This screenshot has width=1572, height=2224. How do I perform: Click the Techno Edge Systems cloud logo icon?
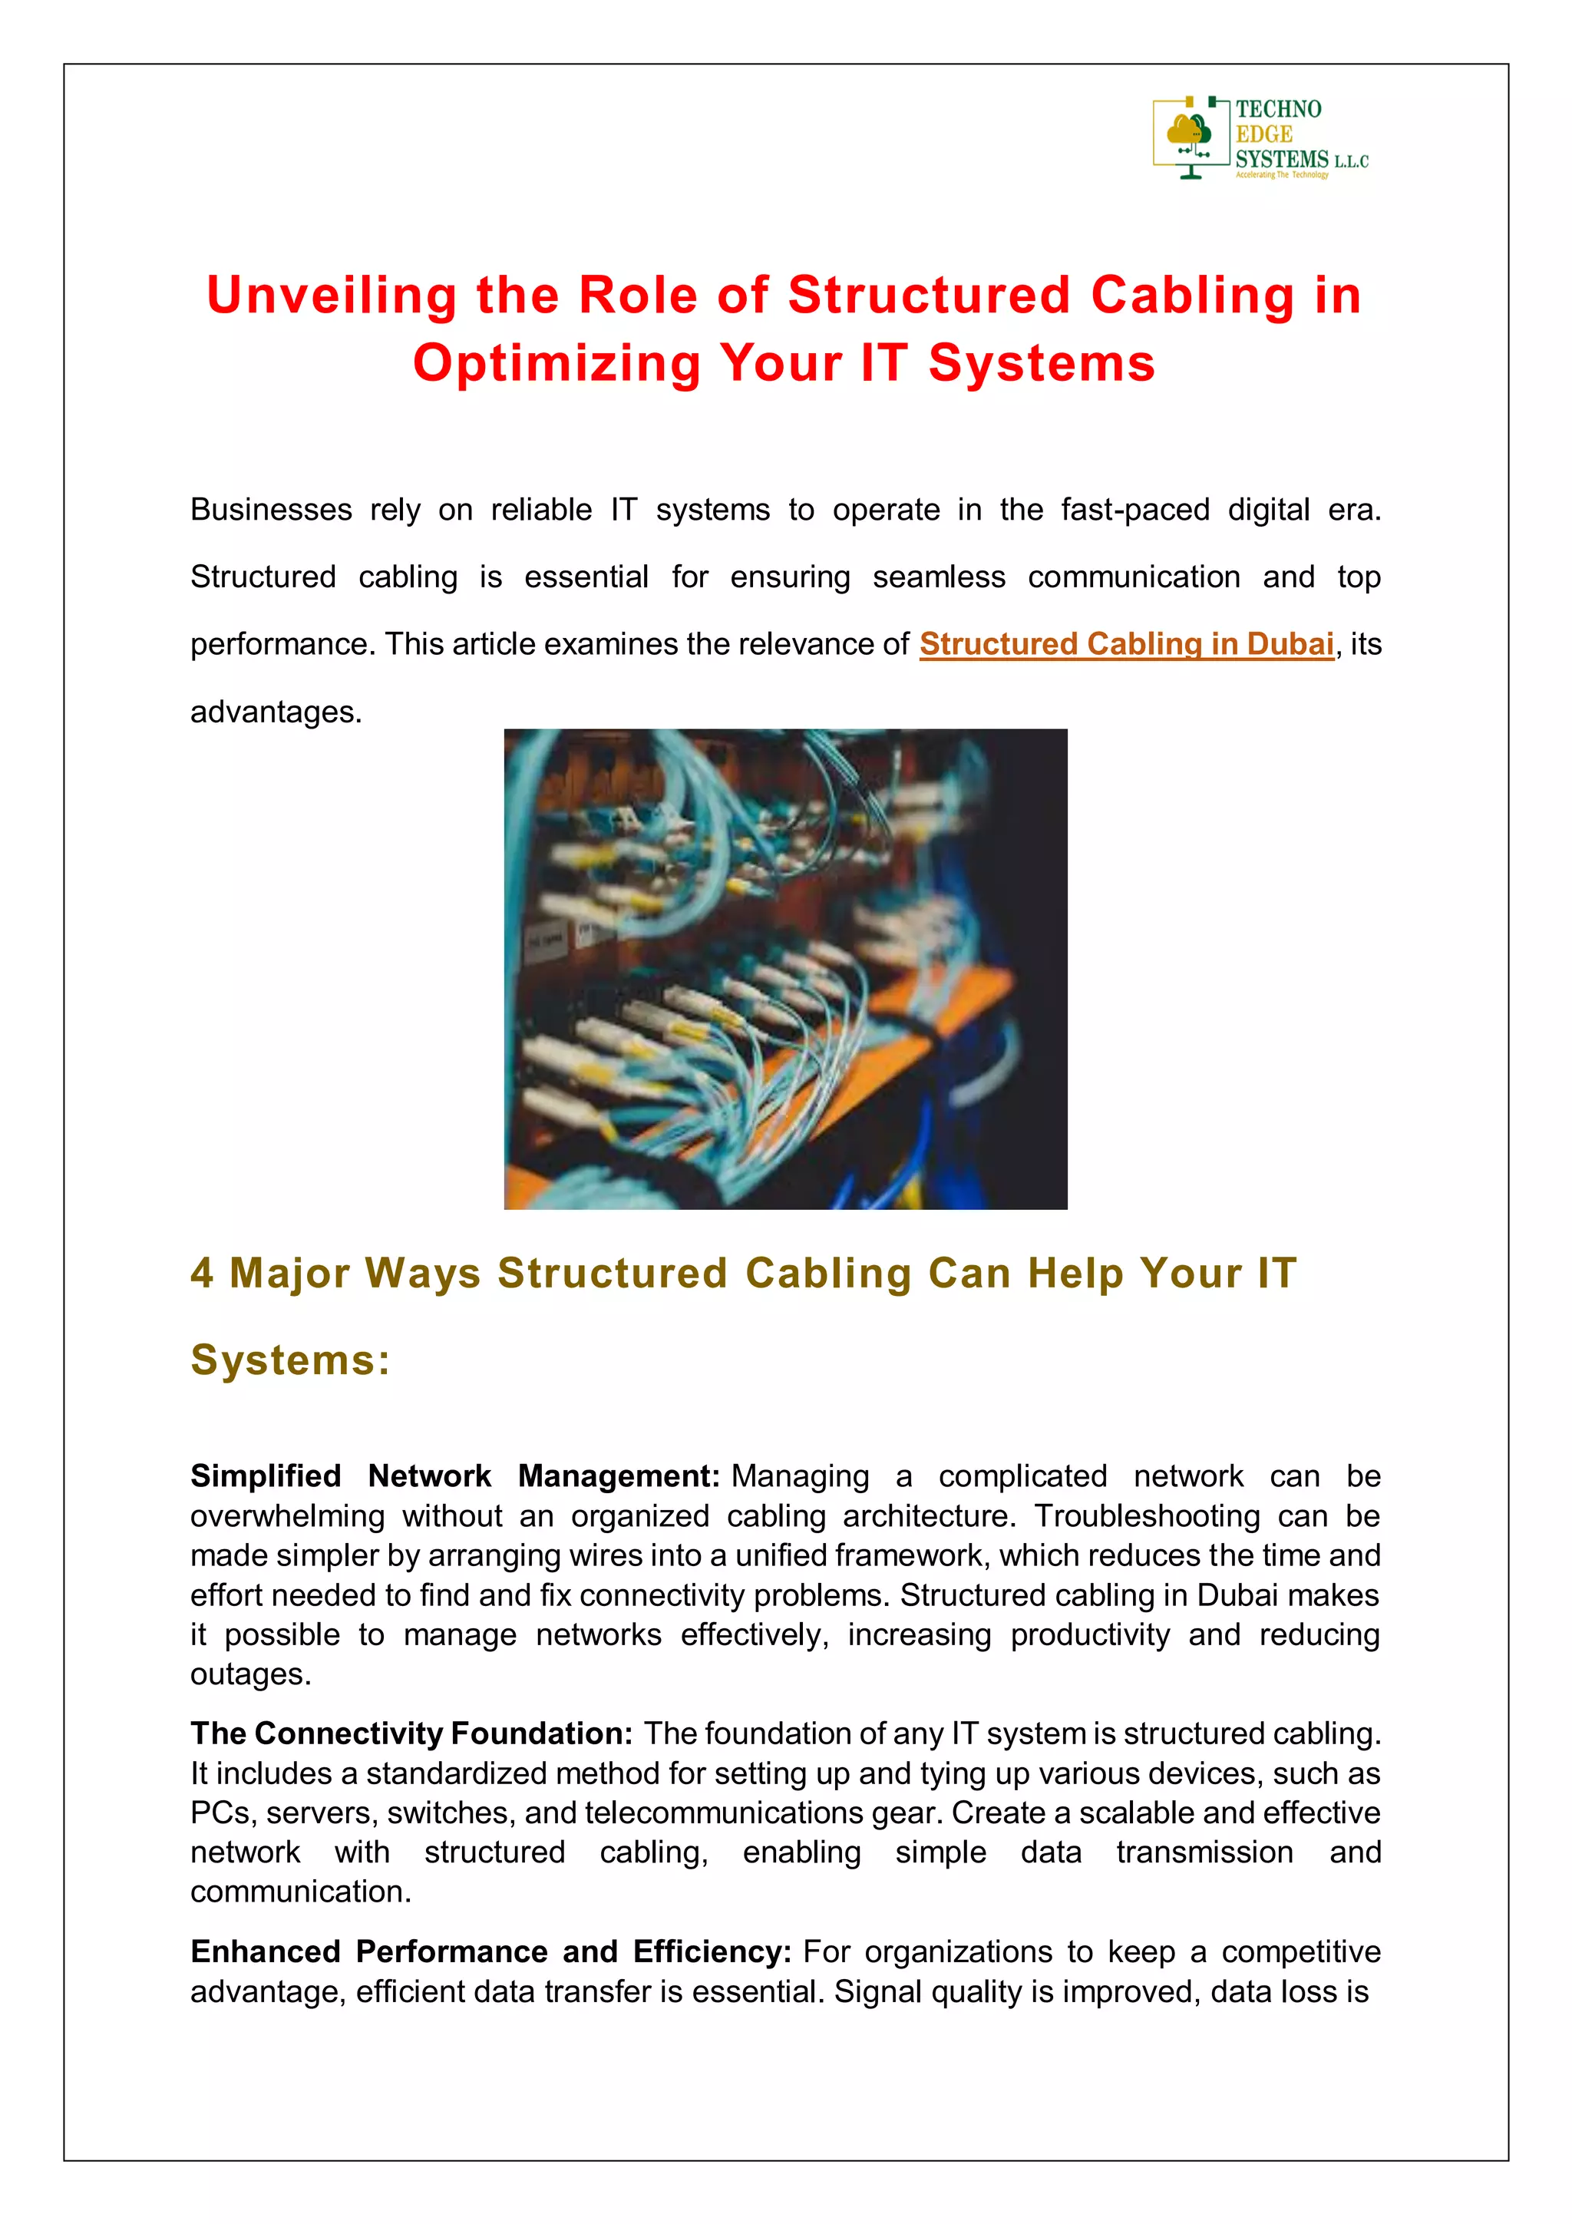1191,136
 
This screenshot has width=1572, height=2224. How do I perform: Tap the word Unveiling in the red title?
332,296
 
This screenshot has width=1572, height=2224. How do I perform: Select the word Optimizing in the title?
555,363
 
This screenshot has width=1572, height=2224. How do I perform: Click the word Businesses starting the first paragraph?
270,510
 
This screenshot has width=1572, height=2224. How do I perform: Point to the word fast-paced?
1134,510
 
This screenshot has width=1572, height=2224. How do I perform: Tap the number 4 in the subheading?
201,1273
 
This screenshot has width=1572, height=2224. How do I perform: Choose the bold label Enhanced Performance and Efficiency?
491,1951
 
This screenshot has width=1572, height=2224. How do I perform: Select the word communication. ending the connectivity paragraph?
300,1891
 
